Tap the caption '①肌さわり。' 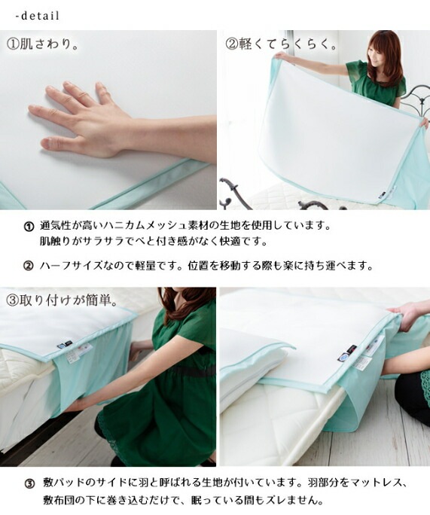pos(43,44)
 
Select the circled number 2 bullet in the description pos(29,266)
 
